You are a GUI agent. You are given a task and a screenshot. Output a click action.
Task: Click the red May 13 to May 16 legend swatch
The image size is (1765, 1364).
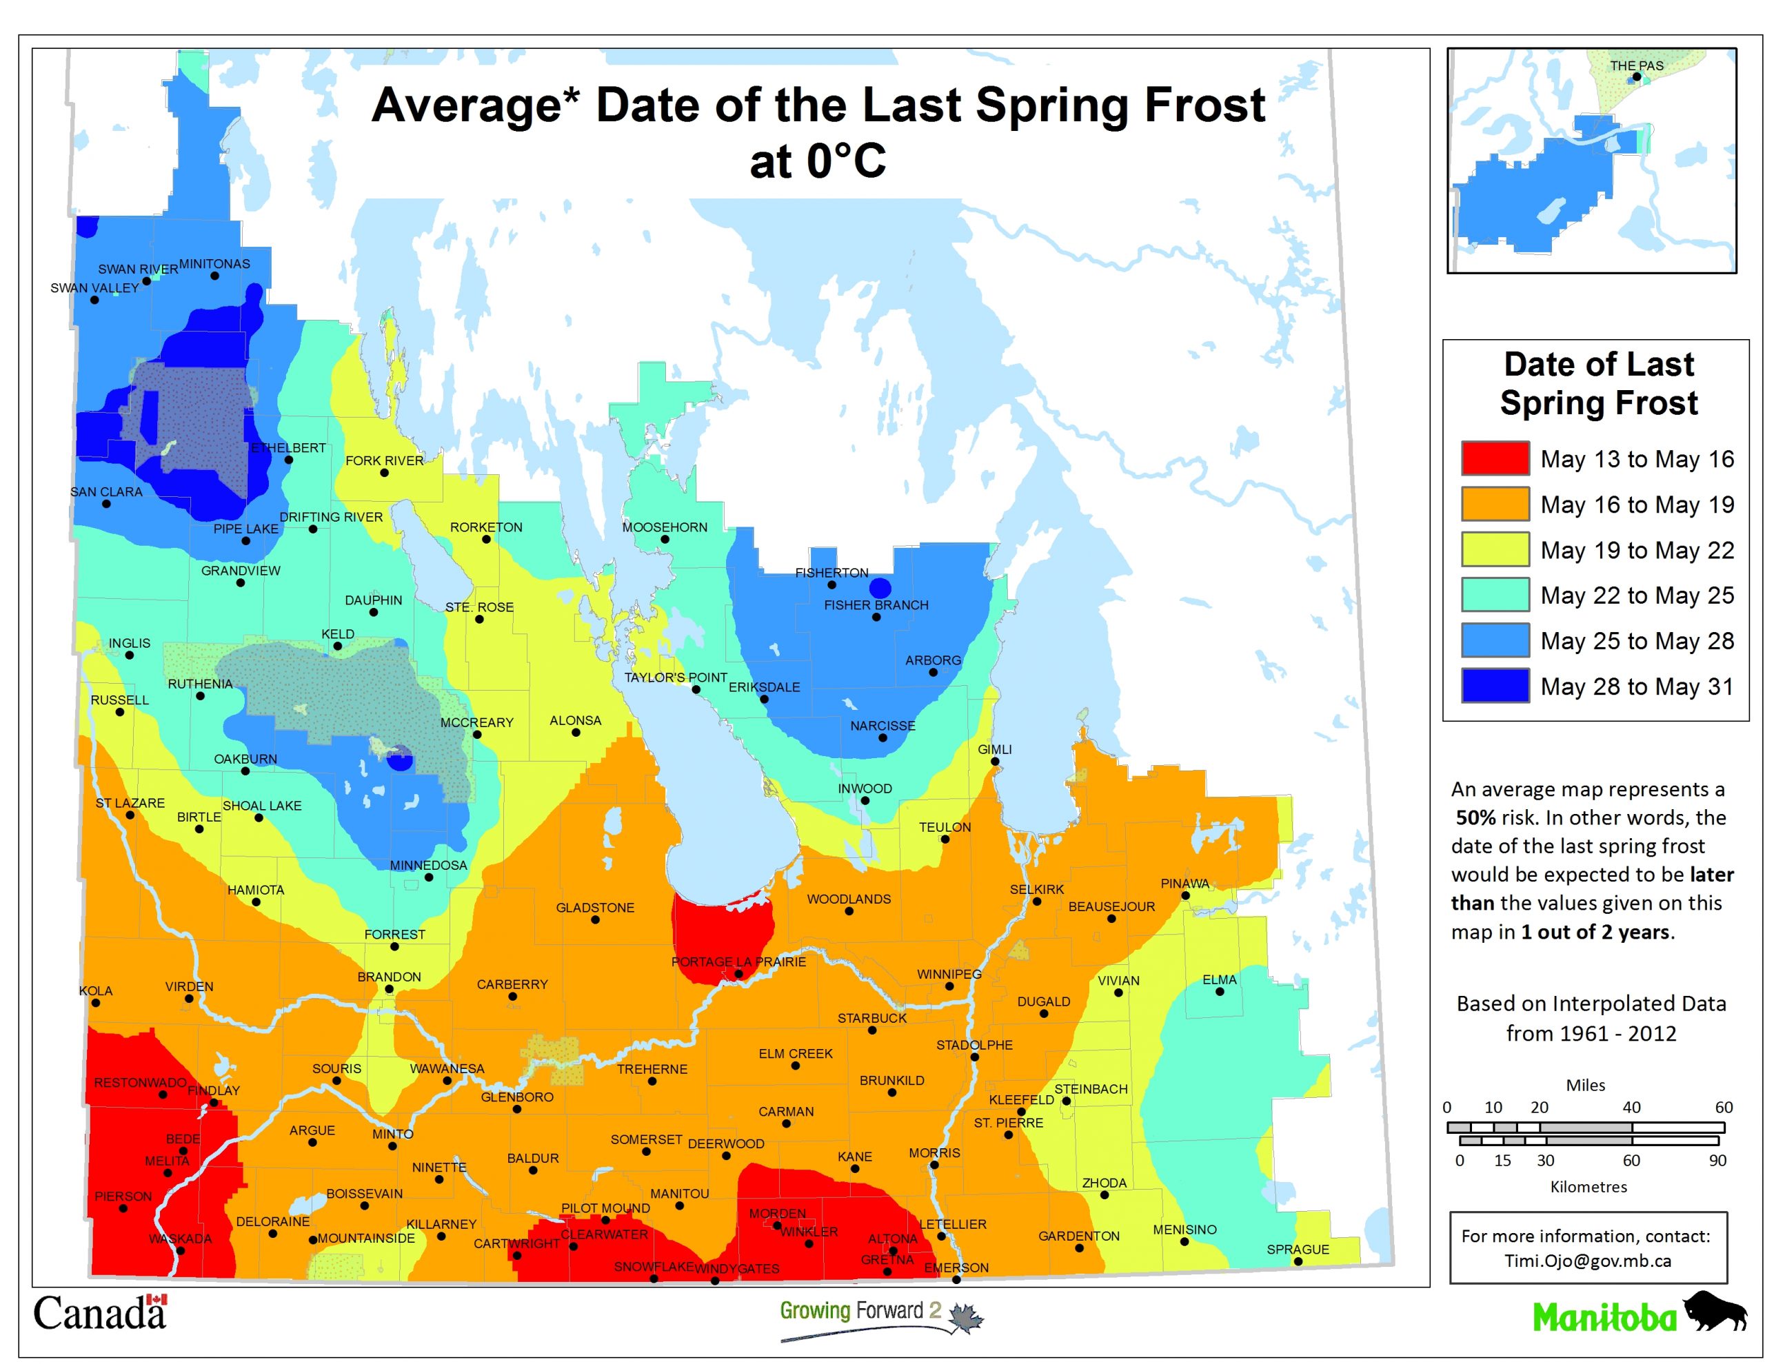[x=1494, y=458]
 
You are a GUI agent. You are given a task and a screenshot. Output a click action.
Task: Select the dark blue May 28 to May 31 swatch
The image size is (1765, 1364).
[x=1494, y=685]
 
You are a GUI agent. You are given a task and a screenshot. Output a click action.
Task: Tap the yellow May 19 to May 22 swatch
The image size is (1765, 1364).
[x=1494, y=549]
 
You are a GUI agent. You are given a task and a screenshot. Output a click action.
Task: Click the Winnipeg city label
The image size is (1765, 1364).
[x=949, y=974]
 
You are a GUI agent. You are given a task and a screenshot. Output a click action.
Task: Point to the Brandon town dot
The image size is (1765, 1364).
[x=389, y=989]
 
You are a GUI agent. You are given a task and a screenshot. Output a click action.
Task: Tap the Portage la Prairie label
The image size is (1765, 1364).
[x=738, y=961]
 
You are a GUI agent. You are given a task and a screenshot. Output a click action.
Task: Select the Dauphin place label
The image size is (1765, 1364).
[x=374, y=600]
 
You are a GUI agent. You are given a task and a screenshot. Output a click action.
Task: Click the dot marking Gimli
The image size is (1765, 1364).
[x=995, y=761]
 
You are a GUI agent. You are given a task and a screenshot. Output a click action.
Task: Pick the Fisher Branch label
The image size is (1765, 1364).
[x=876, y=604]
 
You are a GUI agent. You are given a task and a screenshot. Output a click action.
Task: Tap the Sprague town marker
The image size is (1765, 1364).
[x=1298, y=1261]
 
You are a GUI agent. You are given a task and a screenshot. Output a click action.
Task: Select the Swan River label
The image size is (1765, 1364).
[x=138, y=269]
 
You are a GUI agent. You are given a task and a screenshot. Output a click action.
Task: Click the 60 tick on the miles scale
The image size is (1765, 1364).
[x=1723, y=1107]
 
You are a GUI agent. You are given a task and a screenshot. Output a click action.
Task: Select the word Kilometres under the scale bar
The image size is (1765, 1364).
[x=1588, y=1187]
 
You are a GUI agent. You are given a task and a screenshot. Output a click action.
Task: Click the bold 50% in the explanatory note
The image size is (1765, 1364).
[x=1475, y=817]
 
